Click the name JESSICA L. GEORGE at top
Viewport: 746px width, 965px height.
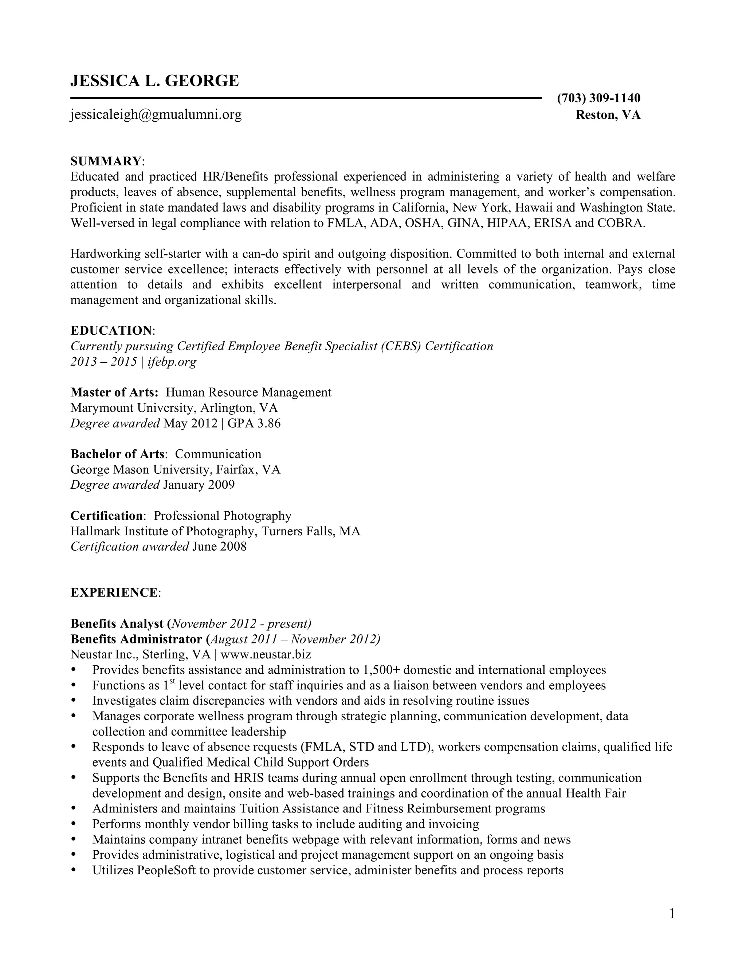click(x=155, y=81)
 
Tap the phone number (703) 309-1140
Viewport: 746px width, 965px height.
click(x=598, y=98)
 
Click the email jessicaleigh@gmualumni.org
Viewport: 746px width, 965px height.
click(x=156, y=115)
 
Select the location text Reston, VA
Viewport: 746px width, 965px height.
click(x=608, y=115)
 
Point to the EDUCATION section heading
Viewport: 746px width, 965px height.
click(x=111, y=331)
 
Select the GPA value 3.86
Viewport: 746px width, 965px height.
click(x=269, y=423)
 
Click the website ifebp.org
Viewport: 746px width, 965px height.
click(x=172, y=362)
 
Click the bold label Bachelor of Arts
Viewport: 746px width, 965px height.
click(x=118, y=454)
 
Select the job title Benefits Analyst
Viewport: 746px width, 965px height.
click(x=117, y=624)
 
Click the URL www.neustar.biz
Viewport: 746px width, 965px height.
click(x=266, y=654)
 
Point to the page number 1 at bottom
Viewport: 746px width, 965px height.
click(x=672, y=913)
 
